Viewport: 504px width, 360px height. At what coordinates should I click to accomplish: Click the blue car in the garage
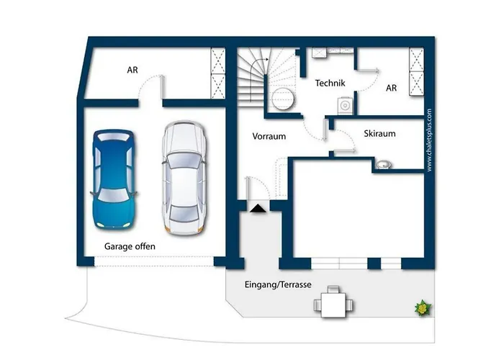tap(114, 179)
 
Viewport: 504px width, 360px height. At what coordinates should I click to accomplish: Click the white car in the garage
tap(184, 178)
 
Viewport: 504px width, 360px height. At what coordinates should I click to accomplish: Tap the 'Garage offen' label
tap(130, 246)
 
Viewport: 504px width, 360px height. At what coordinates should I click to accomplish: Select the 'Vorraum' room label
tap(269, 136)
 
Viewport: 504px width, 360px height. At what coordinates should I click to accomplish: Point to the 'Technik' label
tap(330, 84)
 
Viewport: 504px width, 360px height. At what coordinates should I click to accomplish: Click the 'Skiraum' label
tap(379, 133)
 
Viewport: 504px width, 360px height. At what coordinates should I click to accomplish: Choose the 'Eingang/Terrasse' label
tap(278, 285)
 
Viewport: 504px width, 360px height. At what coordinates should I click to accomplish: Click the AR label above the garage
tap(132, 70)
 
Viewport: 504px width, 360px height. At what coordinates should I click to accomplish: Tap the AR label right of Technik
tap(391, 88)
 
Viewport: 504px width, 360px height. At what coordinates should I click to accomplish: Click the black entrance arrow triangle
tap(258, 208)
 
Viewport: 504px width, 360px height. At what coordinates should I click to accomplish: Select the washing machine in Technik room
tap(345, 105)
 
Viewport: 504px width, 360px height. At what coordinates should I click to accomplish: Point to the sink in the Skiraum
tap(384, 165)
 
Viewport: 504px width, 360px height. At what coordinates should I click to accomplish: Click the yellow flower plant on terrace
tap(423, 308)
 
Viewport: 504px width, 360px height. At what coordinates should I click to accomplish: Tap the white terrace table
tap(333, 305)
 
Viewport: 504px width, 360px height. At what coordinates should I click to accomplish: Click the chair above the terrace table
tap(333, 289)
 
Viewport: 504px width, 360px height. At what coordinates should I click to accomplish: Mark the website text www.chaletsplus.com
tap(429, 140)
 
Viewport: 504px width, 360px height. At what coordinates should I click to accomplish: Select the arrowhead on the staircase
tap(266, 60)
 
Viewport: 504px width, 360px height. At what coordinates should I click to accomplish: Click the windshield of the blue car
tap(114, 195)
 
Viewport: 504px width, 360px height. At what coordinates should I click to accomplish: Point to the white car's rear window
tap(184, 213)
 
